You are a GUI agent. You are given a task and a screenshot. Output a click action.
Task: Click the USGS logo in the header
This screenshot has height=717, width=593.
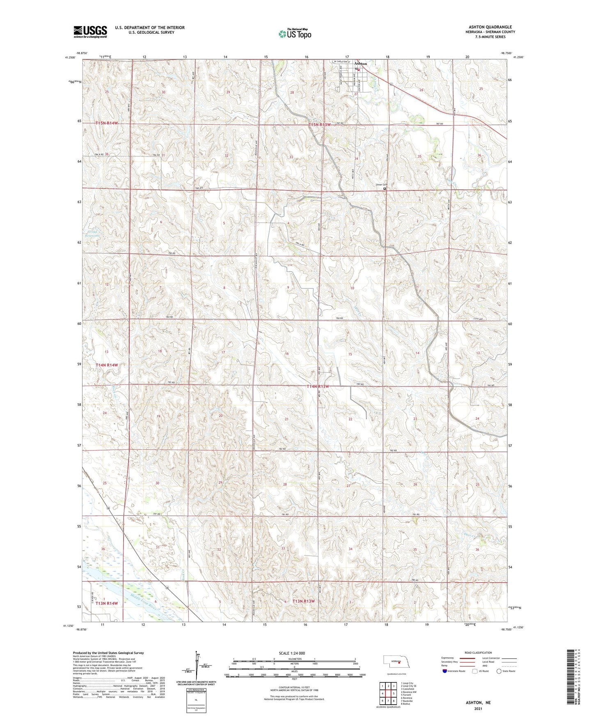click(x=90, y=32)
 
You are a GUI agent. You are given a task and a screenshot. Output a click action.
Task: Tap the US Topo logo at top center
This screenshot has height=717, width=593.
click(x=294, y=34)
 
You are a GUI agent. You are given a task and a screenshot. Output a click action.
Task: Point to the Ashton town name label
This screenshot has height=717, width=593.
click(x=360, y=64)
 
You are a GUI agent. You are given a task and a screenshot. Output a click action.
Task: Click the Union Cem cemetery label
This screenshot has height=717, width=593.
click(x=381, y=185)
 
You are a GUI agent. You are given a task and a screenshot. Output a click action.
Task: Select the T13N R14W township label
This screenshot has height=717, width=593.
click(x=107, y=603)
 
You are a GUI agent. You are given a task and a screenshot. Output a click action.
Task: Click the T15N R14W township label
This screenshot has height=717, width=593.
click(x=107, y=123)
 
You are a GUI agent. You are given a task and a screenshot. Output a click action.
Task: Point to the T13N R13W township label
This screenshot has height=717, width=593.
click(x=303, y=601)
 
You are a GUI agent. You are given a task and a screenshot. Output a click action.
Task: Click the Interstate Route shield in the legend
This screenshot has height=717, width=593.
click(x=445, y=671)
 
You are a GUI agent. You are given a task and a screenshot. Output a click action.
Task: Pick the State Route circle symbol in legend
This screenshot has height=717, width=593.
click(x=499, y=671)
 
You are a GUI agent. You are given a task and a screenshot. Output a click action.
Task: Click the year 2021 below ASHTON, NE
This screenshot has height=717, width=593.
click(x=478, y=709)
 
